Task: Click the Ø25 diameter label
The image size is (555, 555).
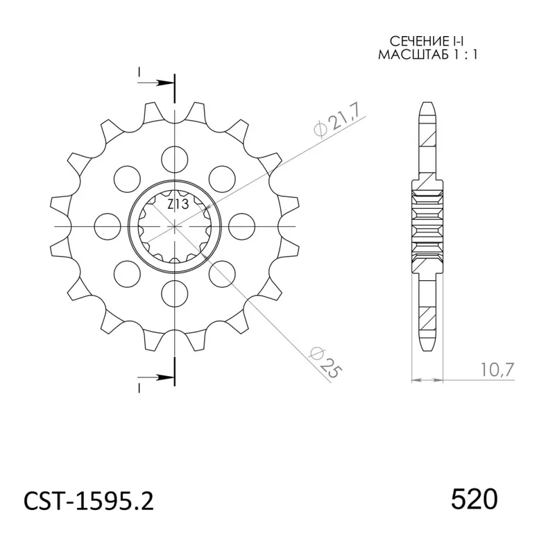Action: [327, 361]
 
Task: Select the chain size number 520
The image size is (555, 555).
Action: [474, 499]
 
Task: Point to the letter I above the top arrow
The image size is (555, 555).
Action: [139, 71]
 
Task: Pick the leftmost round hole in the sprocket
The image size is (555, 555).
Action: [105, 223]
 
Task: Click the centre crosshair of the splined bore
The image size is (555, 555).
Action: [174, 226]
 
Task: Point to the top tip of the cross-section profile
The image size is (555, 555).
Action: [427, 103]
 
